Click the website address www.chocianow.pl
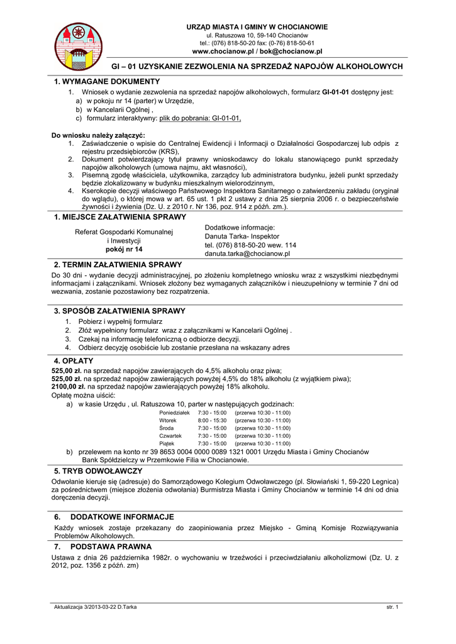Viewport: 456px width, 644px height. coord(223,52)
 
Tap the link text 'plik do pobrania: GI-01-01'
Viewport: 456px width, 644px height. coord(200,118)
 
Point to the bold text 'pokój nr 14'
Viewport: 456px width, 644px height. coord(124,250)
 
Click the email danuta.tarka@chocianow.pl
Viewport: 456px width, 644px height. coord(247,254)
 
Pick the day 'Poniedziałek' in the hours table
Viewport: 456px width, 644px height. coord(174,413)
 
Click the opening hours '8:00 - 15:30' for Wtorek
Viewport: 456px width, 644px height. coord(212,420)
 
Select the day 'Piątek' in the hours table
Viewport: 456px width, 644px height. coord(167,443)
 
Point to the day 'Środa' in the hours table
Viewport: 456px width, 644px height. coord(166,428)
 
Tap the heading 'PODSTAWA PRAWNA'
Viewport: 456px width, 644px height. coord(111,547)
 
